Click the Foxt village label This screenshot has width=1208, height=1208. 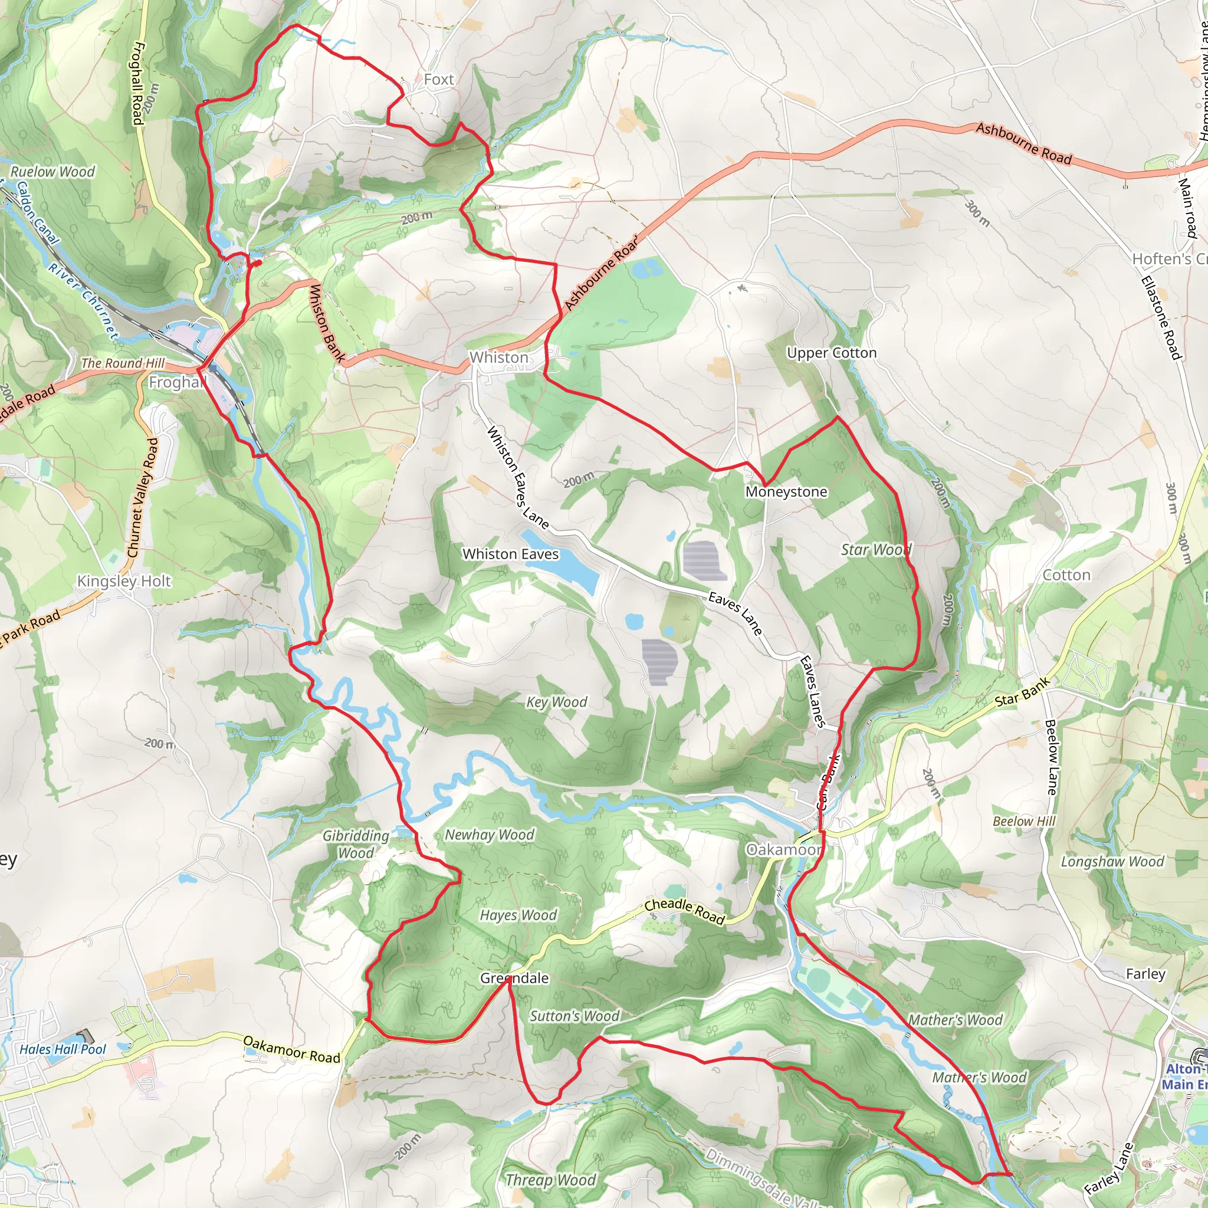point(438,80)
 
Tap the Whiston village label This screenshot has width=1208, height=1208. point(499,357)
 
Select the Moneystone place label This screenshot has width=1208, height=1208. point(786,491)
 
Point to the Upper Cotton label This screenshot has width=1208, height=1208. point(832,353)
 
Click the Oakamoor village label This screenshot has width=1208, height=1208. point(783,850)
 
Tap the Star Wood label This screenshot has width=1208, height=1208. point(875,550)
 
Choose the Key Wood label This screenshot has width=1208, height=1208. point(556,701)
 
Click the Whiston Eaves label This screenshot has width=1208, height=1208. point(510,554)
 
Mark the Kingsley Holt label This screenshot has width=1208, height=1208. point(124,581)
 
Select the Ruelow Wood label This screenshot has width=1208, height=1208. point(52,171)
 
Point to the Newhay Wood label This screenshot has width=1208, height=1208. point(490,835)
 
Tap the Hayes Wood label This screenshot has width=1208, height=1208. point(518,915)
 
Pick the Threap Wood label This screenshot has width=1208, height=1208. point(550,1180)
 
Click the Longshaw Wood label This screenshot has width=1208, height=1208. point(1112,862)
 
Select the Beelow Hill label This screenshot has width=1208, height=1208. point(1023,821)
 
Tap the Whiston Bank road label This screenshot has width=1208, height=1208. point(327,323)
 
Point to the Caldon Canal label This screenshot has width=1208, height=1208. point(38,212)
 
